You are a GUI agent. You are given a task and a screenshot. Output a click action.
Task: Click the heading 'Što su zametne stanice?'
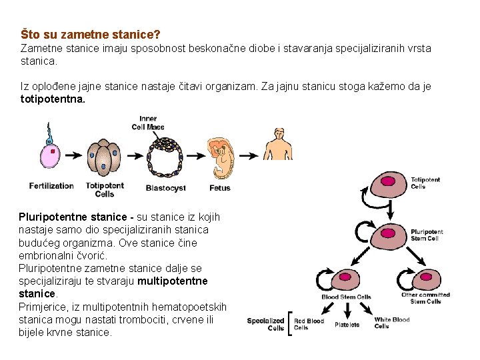91,33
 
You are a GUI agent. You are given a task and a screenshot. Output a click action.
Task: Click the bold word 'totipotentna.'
53,98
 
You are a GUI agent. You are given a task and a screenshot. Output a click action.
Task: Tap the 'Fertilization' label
51,186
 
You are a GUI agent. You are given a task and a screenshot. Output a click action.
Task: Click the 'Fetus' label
220,188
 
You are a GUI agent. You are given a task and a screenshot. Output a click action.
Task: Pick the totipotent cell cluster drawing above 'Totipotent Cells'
104,157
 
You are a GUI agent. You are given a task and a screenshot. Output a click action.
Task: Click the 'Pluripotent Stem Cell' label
427,235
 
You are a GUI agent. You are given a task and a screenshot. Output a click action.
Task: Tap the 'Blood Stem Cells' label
346,297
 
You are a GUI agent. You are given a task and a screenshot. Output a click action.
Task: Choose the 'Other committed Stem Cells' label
425,298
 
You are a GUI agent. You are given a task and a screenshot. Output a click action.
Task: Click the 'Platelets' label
347,325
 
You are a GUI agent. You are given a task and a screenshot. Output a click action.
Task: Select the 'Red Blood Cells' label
309,325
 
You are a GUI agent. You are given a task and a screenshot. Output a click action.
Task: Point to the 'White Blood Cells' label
391,323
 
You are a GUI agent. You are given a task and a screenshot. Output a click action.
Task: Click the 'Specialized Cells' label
265,325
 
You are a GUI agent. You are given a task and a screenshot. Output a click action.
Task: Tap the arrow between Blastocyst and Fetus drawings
194,155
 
